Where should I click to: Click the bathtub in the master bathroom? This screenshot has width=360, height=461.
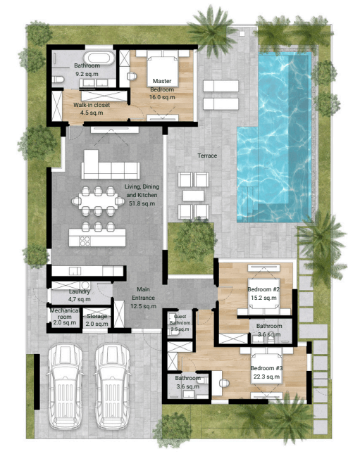[x=99, y=58]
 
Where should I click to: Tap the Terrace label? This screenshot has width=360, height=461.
[x=207, y=156]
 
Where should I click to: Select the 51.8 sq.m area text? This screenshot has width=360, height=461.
[x=142, y=203]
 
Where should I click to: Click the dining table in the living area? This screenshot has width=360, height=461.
[x=98, y=201]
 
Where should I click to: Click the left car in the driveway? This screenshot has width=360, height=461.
[x=65, y=387]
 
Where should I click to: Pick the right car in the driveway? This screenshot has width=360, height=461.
[x=113, y=387]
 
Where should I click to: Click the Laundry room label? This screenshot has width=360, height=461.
[x=80, y=291]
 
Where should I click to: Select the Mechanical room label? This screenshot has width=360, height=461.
[x=65, y=313]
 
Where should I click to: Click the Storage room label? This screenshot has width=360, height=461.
[x=97, y=316]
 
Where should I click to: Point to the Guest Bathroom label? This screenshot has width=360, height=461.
[x=180, y=320]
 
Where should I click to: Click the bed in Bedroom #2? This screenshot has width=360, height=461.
[x=263, y=296]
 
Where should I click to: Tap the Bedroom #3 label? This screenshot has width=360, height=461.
[x=267, y=368]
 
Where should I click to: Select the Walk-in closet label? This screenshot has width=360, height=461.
[x=92, y=105]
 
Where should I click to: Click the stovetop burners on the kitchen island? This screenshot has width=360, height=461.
[x=85, y=241]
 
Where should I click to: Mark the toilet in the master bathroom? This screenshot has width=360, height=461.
[x=58, y=80]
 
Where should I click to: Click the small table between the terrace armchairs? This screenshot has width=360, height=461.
[x=194, y=196]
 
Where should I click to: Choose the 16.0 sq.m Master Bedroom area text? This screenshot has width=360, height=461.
[x=162, y=97]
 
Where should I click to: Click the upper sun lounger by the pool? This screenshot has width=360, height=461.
[x=221, y=86]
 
